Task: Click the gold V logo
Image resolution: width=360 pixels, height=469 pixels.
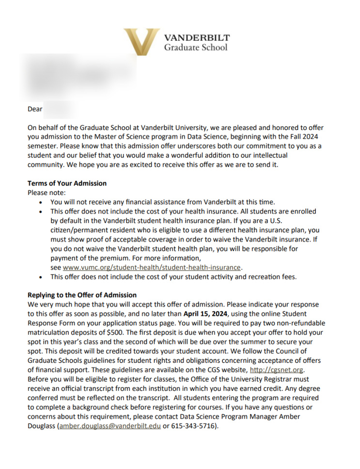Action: click(141, 40)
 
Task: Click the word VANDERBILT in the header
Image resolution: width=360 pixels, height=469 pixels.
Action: click(197, 38)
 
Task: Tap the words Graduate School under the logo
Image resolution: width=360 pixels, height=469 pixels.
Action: click(195, 48)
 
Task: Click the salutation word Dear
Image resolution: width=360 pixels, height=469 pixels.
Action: click(35, 109)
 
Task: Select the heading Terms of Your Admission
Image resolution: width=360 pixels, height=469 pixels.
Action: click(67, 183)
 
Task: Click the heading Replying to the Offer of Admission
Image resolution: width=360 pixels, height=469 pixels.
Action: click(82, 295)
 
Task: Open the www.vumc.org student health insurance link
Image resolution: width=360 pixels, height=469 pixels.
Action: click(152, 267)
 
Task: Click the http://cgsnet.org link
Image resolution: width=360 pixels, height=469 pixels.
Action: click(276, 370)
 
